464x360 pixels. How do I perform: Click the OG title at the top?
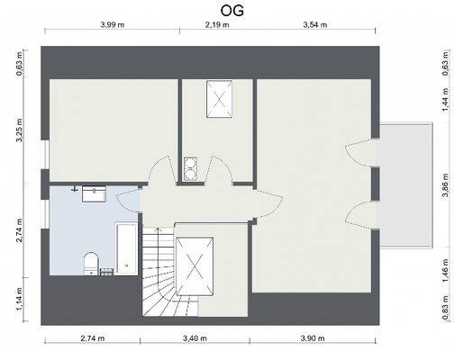click(232, 10)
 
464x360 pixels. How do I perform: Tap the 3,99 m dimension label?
click(119, 26)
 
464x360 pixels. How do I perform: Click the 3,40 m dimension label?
click(193, 339)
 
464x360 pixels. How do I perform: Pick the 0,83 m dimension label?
click(445, 312)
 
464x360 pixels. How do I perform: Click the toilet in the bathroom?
click(90, 263)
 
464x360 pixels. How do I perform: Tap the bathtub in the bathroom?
click(126, 247)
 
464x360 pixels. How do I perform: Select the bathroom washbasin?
click(94, 193)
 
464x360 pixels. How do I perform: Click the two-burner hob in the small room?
click(191, 168)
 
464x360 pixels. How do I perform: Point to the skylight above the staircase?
click(195, 265)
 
